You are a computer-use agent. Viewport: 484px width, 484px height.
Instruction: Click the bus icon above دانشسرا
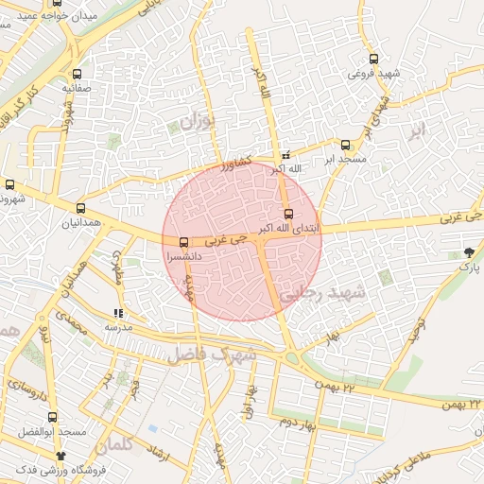(x=183, y=241)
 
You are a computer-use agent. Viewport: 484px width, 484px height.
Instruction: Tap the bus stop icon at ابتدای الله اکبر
(x=288, y=214)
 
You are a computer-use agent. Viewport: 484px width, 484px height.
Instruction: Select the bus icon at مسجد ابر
(x=345, y=145)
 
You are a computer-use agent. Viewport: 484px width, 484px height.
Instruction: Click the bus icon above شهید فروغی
(x=374, y=59)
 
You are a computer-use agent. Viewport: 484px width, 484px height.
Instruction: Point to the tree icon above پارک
(x=470, y=251)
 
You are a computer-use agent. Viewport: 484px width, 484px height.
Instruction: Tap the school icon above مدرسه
(x=118, y=313)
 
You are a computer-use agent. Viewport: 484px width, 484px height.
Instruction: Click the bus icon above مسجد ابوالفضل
(x=53, y=416)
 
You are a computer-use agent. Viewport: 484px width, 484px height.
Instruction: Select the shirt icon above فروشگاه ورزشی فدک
(x=61, y=456)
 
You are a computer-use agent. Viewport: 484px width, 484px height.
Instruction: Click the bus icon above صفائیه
(x=78, y=73)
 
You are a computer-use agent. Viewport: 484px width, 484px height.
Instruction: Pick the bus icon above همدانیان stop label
(x=79, y=208)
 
